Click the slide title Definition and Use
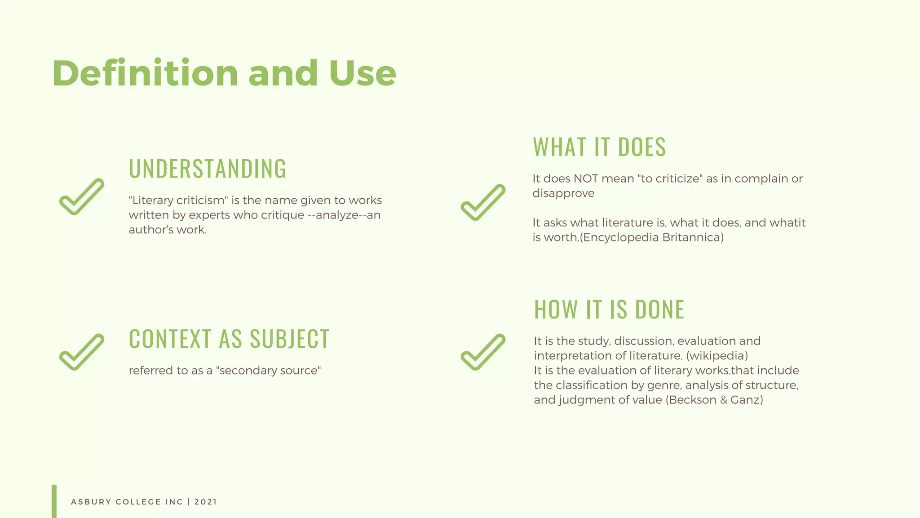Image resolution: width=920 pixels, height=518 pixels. point(224,73)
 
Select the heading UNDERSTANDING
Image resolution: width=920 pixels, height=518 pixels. point(208,169)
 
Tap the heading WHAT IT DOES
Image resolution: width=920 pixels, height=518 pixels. point(599,147)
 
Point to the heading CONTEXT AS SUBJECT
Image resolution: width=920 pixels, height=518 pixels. point(229,339)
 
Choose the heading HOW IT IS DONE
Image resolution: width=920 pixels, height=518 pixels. point(609,310)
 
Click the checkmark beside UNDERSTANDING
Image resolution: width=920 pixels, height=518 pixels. point(82,197)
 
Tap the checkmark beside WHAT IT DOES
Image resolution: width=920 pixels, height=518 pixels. point(483,203)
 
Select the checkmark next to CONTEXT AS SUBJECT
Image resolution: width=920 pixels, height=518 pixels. point(82,352)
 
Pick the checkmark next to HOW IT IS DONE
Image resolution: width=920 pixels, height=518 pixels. point(483,352)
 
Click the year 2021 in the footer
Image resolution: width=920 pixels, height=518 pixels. point(206,502)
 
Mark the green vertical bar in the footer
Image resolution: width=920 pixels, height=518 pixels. point(54,501)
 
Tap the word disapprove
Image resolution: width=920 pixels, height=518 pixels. point(563,193)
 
